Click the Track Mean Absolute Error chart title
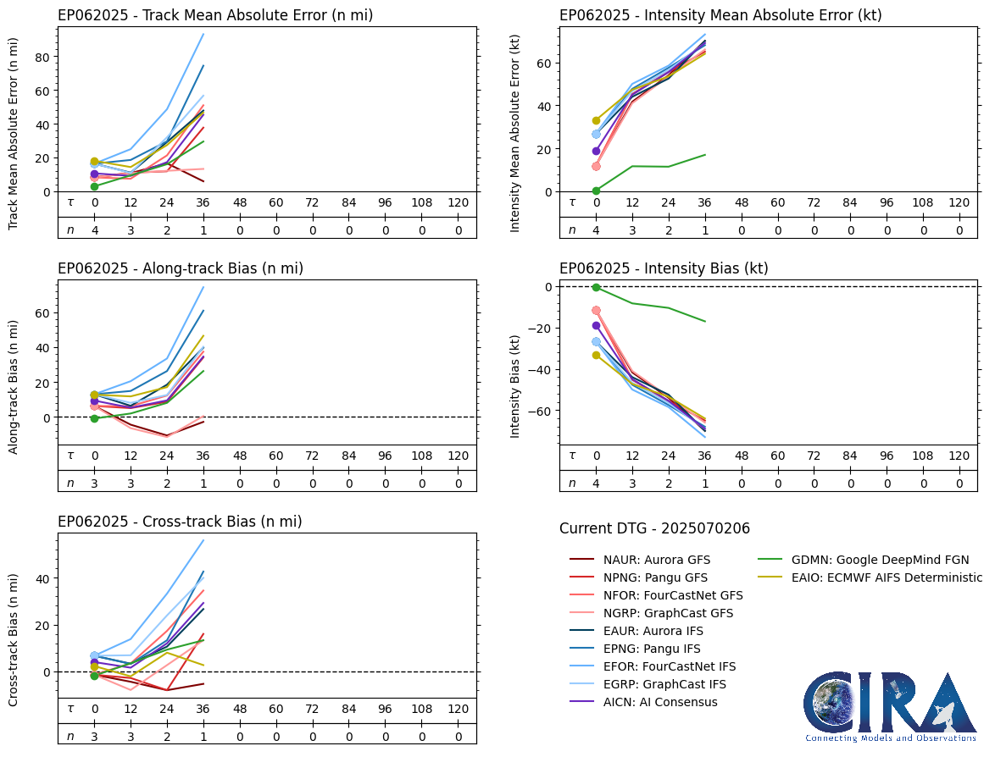[215, 15]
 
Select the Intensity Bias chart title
[664, 268]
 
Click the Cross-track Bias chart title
[180, 522]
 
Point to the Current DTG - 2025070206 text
[654, 528]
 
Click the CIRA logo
[890, 706]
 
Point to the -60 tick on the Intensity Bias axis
[540, 412]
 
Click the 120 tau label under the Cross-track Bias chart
[458, 709]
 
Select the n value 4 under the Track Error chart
[95, 229]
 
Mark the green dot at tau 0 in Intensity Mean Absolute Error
[597, 191]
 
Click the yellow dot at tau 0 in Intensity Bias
[597, 355]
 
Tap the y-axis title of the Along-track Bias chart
[14, 386]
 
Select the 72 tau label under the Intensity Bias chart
[814, 456]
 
